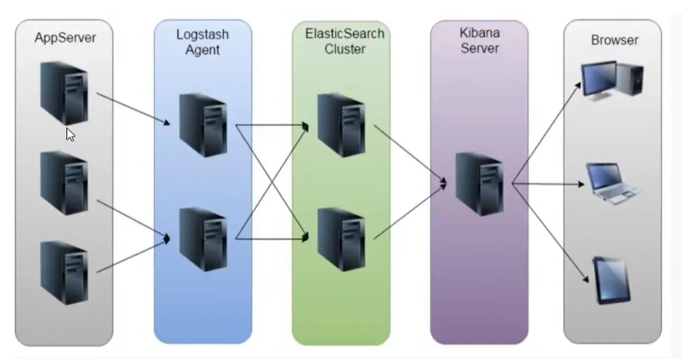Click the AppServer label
(x=65, y=38)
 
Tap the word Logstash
(x=202, y=34)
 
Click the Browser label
(x=615, y=41)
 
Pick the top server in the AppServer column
(x=64, y=92)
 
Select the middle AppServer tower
(x=64, y=182)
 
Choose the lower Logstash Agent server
(x=203, y=238)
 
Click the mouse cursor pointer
(x=70, y=135)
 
